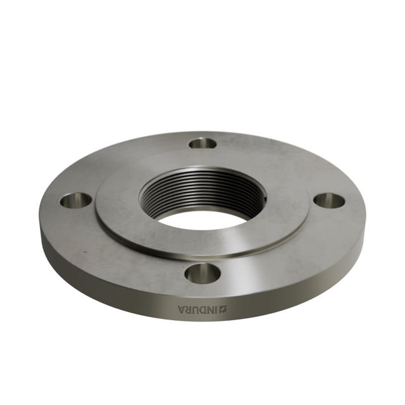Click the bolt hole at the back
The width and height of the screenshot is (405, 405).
(x=202, y=143)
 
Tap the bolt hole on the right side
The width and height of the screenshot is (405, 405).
(x=329, y=201)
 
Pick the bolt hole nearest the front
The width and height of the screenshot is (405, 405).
(x=202, y=273)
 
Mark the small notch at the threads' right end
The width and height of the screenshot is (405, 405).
(x=266, y=202)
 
